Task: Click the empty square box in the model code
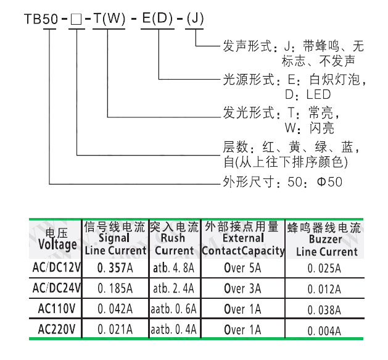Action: pyautogui.click(x=76, y=19)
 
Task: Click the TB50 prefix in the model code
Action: pyautogui.click(x=41, y=19)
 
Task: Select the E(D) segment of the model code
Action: pyautogui.click(x=159, y=19)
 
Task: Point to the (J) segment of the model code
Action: pyautogui.click(x=195, y=19)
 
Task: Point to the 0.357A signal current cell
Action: pyautogui.click(x=115, y=268)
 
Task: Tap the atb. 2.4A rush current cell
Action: pyautogui.click(x=175, y=288)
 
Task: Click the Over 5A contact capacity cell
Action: pyautogui.click(x=243, y=268)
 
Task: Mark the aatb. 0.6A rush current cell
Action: pyautogui.click(x=175, y=309)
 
